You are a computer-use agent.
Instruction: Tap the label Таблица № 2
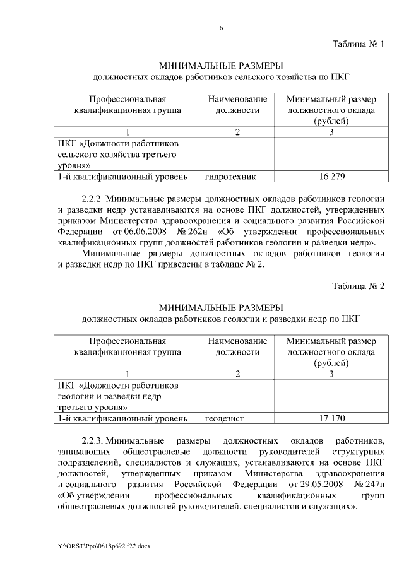(359, 286)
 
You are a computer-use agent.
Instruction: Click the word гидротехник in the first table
(230, 177)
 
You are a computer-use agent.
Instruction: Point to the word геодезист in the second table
(225, 418)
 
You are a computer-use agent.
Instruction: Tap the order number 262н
(194, 230)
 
